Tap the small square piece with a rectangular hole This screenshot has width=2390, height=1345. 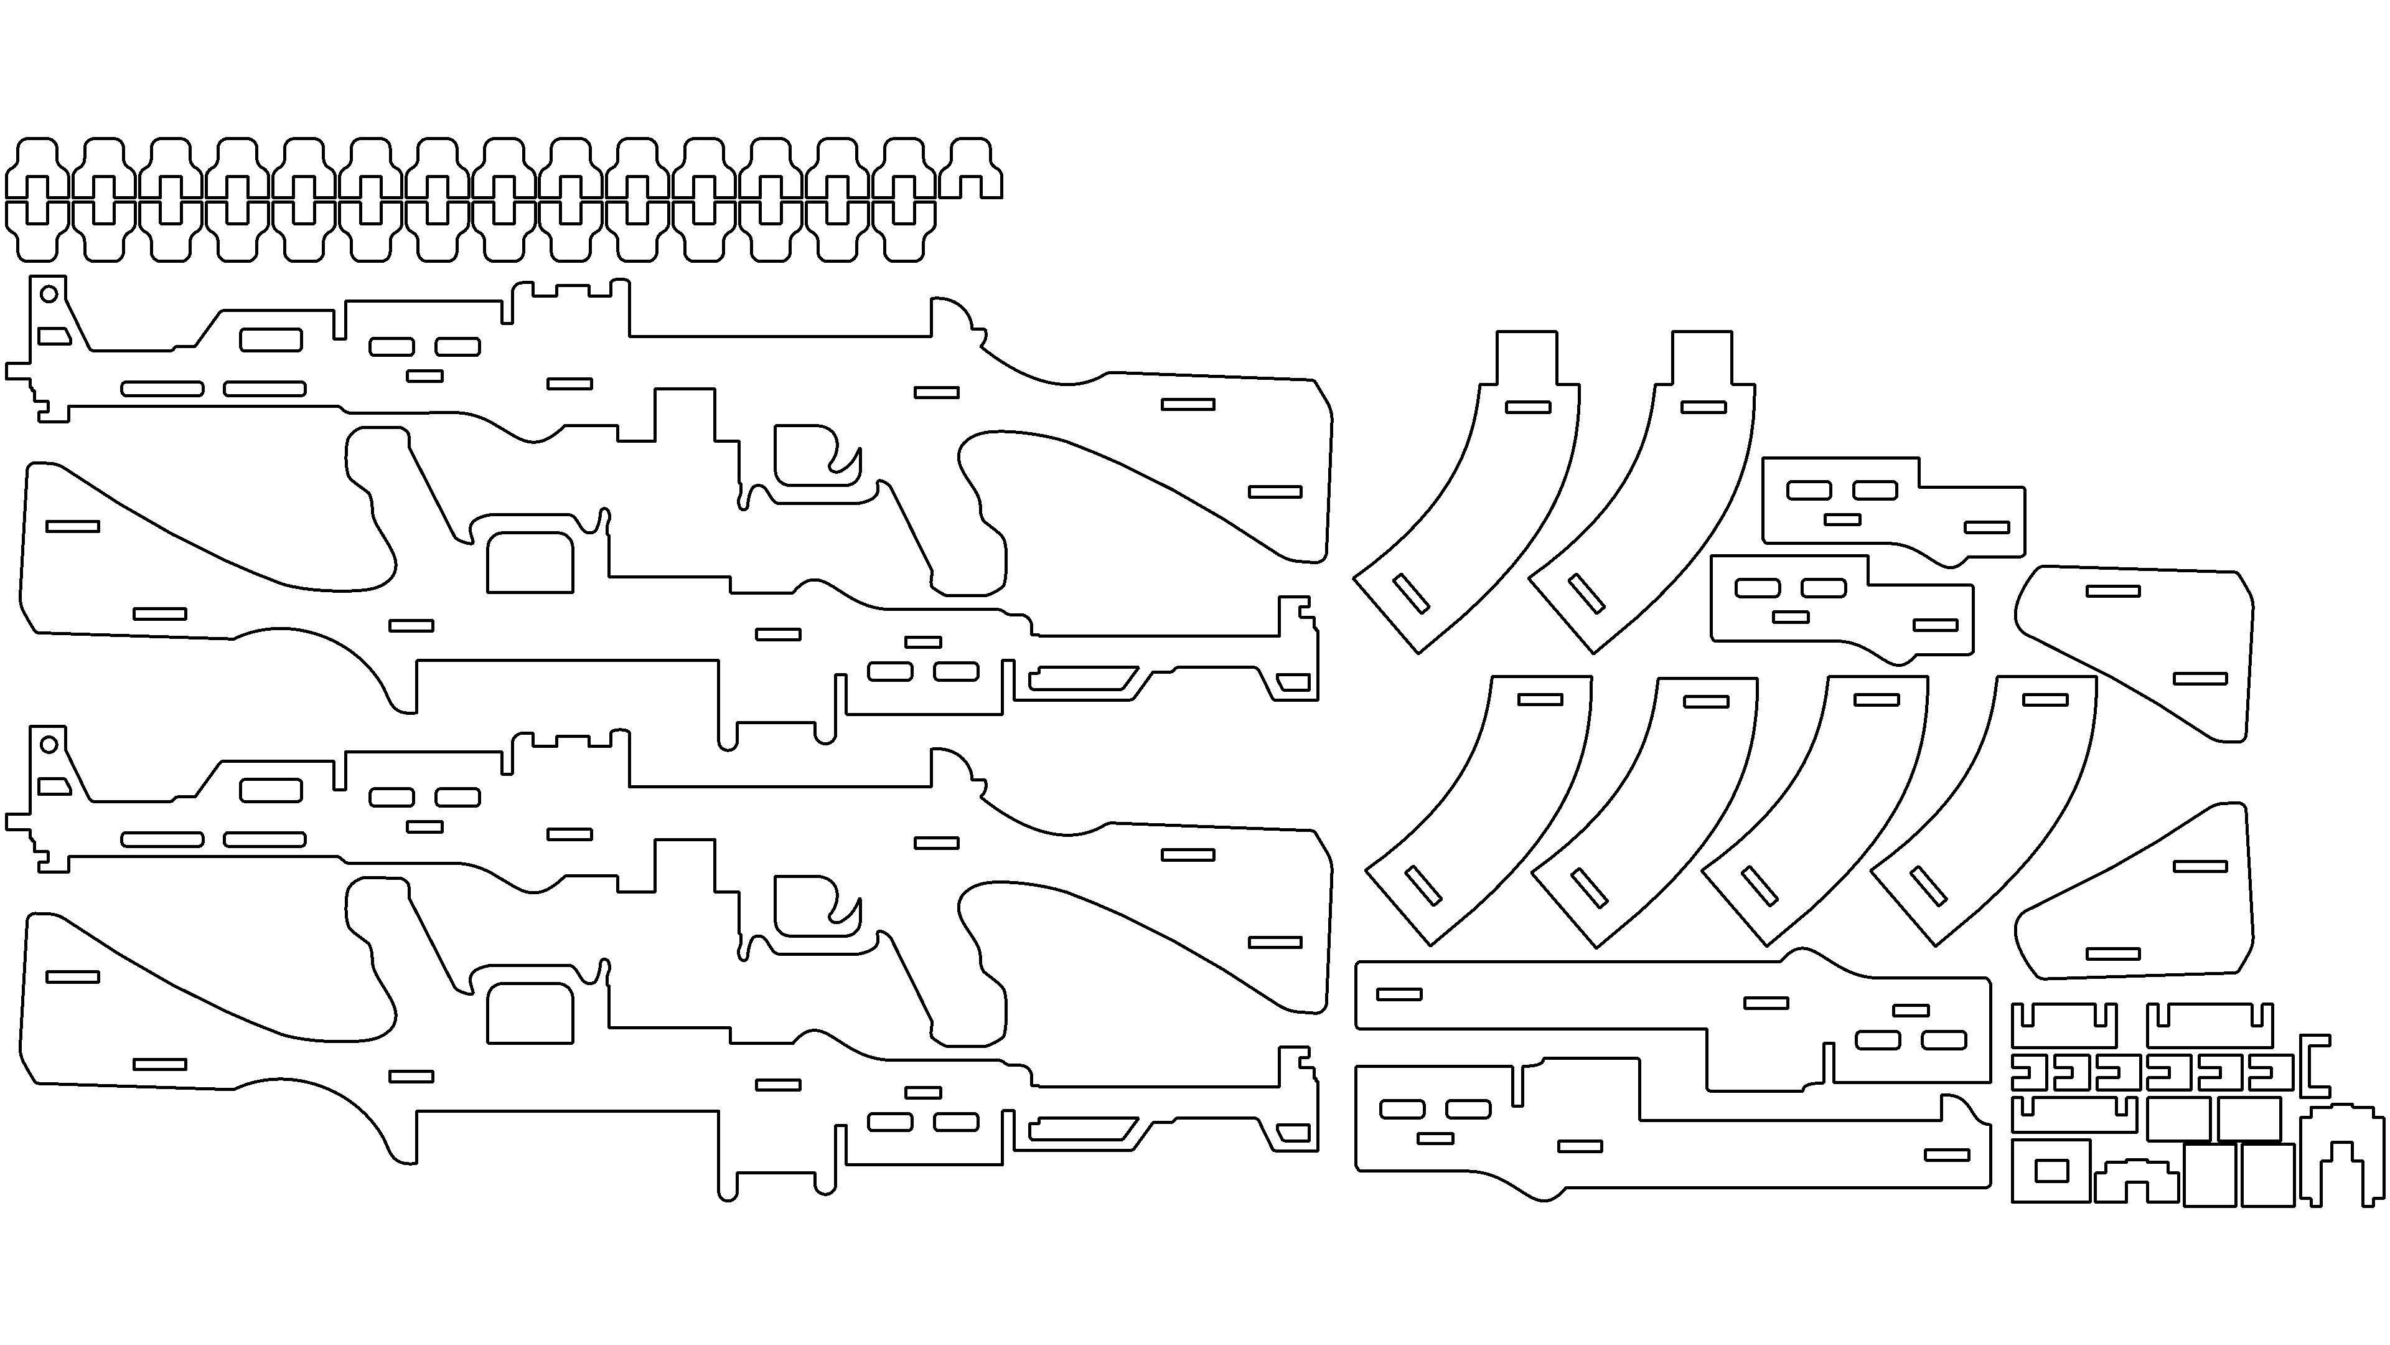2050,1171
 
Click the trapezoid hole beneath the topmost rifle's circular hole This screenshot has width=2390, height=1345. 54,335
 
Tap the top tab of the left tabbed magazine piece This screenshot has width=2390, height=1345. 1526,357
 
